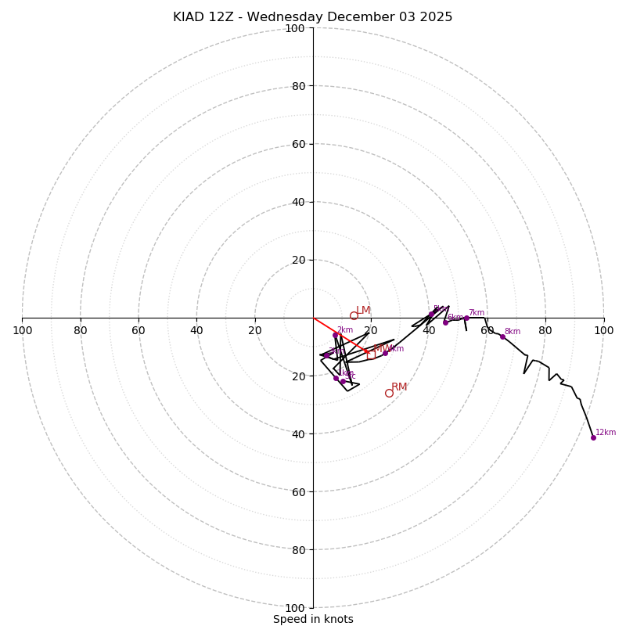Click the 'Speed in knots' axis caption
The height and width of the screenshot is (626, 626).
[313, 619]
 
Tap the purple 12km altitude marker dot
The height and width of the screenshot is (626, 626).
[593, 437]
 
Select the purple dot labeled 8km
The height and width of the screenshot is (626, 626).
[502, 336]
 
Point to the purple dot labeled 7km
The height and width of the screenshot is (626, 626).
[466, 318]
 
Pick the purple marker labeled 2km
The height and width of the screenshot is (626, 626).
[335, 335]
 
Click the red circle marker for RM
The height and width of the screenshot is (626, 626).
[389, 393]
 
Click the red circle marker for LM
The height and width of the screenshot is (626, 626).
[354, 315]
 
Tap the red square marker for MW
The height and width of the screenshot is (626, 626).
[371, 354]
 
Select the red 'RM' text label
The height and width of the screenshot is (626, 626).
[400, 387]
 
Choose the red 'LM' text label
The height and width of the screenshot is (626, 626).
[364, 310]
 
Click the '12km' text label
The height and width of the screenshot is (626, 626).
[606, 432]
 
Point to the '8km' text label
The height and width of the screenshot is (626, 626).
[513, 331]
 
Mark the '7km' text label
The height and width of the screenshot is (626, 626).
[477, 312]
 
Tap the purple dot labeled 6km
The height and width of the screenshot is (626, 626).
[445, 322]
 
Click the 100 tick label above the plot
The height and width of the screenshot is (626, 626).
[295, 28]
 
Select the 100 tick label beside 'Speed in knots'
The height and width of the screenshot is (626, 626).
[295, 608]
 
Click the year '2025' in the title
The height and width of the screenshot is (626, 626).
[437, 17]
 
